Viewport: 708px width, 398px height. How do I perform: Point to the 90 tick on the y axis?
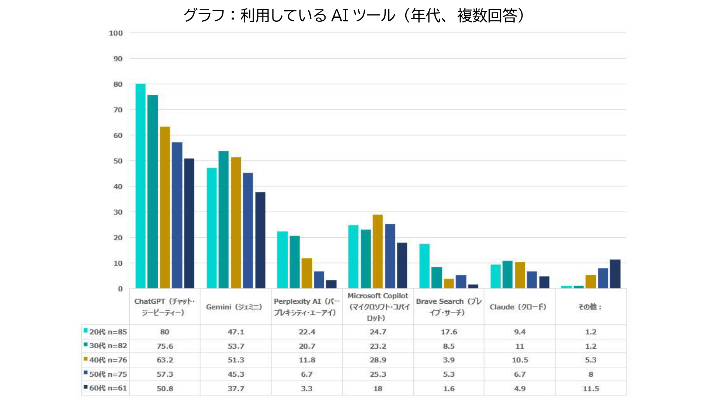[118, 59]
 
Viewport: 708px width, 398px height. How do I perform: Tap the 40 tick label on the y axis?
[118, 186]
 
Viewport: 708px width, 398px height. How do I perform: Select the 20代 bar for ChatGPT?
[140, 186]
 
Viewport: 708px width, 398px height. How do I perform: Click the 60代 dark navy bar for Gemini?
[260, 240]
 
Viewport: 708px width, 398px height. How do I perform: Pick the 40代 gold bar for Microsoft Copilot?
[378, 251]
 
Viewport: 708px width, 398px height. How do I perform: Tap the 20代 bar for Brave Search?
[424, 266]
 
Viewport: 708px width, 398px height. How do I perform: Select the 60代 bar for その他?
[615, 274]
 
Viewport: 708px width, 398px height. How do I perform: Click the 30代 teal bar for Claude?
[507, 275]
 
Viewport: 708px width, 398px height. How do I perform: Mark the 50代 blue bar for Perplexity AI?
[319, 280]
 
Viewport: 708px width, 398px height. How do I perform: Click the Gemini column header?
[234, 307]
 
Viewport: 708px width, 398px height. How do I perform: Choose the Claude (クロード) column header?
[518, 307]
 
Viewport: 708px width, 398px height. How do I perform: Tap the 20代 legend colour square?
[86, 331]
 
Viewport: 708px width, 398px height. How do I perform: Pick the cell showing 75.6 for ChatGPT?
[165, 346]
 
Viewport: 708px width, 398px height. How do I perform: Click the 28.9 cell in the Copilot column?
[378, 360]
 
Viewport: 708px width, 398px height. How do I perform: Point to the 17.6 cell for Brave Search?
[449, 332]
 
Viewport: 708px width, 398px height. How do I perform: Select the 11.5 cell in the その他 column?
[591, 388]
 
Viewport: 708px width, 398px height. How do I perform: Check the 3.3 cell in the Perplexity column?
[306, 388]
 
